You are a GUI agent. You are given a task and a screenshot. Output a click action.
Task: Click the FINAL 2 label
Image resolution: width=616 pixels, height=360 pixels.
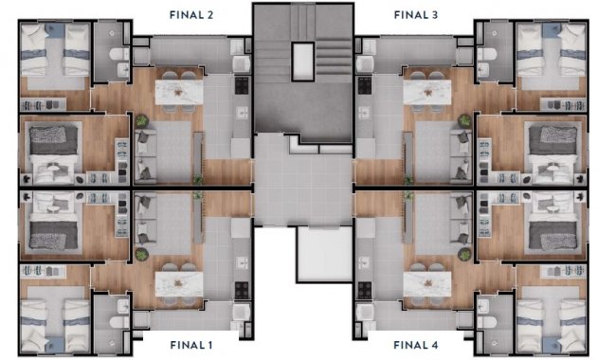pyautogui.click(x=191, y=15)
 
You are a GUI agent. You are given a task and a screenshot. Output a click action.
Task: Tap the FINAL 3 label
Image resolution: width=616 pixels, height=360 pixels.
pyautogui.click(x=416, y=15)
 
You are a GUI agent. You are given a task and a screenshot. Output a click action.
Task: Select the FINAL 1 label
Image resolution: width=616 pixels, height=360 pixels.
pyautogui.click(x=191, y=345)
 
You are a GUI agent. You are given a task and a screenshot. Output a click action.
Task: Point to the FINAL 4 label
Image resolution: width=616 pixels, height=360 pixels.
pyautogui.click(x=416, y=345)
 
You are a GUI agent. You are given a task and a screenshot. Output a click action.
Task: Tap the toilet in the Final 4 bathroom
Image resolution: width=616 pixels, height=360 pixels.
pyautogui.click(x=487, y=322)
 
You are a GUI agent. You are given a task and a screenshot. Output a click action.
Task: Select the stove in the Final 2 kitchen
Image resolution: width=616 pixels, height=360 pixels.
pyautogui.click(x=242, y=85)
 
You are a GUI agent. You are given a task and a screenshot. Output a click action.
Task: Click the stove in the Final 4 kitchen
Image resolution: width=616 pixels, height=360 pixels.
pyautogui.click(x=365, y=290)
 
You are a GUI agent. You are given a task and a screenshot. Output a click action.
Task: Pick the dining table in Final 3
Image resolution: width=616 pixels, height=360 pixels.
pyautogui.click(x=427, y=92)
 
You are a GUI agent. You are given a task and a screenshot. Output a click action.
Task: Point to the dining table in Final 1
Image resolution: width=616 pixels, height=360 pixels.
pyautogui.click(x=179, y=284)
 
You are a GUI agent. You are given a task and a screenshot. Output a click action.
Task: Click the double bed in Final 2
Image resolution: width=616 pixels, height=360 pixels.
pyautogui.click(x=54, y=153)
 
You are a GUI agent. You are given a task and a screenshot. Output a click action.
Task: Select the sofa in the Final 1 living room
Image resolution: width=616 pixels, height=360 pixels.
pyautogui.click(x=145, y=219)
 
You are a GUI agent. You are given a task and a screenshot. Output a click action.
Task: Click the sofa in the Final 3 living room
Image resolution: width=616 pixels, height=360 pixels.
pyautogui.click(x=462, y=156)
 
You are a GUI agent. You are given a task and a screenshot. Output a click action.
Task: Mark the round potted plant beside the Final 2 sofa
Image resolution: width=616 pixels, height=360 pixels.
pyautogui.click(x=142, y=120)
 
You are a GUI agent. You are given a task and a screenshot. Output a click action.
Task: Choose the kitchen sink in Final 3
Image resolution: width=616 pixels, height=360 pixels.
pyautogui.click(x=364, y=113)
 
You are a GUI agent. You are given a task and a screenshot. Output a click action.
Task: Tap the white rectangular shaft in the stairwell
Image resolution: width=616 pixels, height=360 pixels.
pyautogui.click(x=303, y=62)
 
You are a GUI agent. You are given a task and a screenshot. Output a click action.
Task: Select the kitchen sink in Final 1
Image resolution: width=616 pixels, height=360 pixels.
pyautogui.click(x=242, y=262)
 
